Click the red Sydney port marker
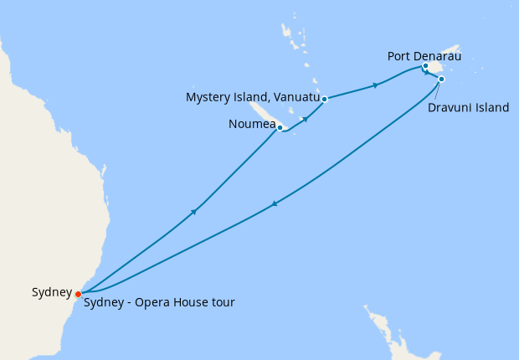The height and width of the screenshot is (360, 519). click(x=78, y=294)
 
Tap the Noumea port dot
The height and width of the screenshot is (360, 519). click(x=280, y=128)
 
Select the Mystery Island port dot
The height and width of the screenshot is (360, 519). click(x=324, y=99)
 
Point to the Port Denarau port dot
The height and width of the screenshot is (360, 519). click(x=425, y=66)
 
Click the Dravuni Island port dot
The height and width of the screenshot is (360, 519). click(x=441, y=80)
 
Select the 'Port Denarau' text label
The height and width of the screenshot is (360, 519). click(x=424, y=56)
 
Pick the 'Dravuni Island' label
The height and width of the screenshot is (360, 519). click(x=466, y=107)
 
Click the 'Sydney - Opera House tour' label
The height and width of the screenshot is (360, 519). click(x=159, y=302)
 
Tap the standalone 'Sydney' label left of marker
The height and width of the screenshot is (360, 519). click(x=51, y=292)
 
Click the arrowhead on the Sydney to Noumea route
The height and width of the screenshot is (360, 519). click(x=194, y=211)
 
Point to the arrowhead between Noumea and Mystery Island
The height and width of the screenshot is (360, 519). click(x=306, y=119)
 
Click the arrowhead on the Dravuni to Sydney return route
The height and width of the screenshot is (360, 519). click(x=274, y=203)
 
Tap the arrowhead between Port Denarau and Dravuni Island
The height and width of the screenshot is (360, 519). click(x=428, y=73)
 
